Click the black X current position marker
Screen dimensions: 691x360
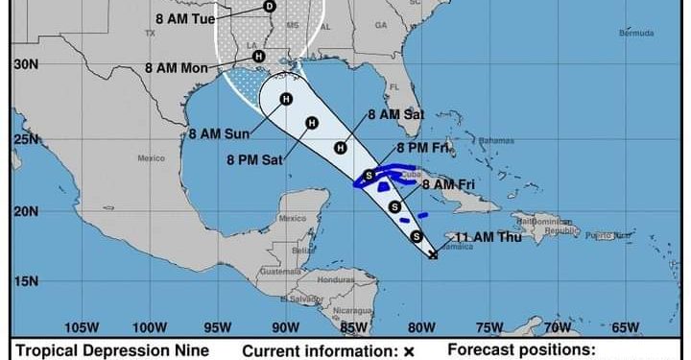coord(434,254)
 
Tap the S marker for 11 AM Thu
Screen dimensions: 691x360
coord(417,236)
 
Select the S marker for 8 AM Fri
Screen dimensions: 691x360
coord(394,206)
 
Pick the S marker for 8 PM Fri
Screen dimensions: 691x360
coord(369,175)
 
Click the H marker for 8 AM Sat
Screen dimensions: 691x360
coord(340,148)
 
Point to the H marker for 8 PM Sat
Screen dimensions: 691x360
coord(311,122)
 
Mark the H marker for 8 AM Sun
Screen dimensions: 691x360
coord(286,99)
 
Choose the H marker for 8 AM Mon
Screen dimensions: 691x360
coord(258,57)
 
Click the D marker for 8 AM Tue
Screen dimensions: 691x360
coord(269,7)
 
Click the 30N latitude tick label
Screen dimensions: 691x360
coord(26,65)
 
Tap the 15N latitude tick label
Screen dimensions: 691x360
coord(26,280)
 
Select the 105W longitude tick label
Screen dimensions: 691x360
coord(83,326)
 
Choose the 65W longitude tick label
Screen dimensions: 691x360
coord(625,326)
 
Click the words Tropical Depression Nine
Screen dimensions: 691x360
coord(112,351)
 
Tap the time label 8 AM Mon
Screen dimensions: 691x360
coord(176,68)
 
